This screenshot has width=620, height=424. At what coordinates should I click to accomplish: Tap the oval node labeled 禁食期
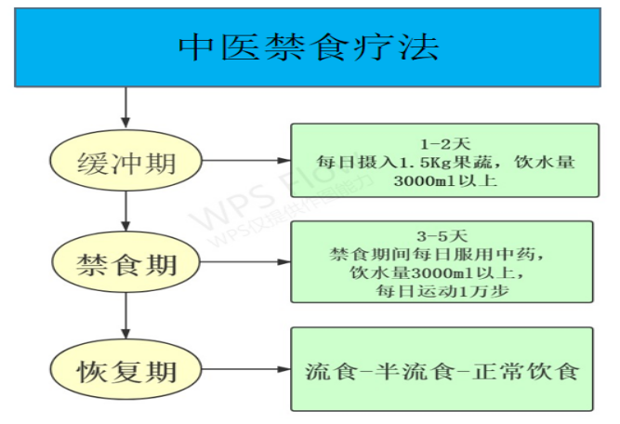125,264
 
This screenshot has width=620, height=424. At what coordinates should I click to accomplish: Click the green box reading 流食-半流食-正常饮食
442,369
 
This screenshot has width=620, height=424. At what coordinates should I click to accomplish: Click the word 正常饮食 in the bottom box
538,371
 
